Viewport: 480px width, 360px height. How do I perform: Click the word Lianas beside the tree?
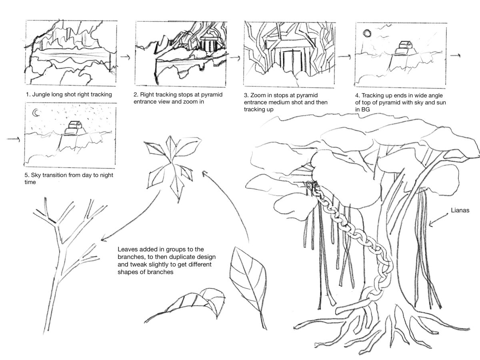point(458,210)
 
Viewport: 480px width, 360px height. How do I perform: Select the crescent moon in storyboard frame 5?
point(36,113)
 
